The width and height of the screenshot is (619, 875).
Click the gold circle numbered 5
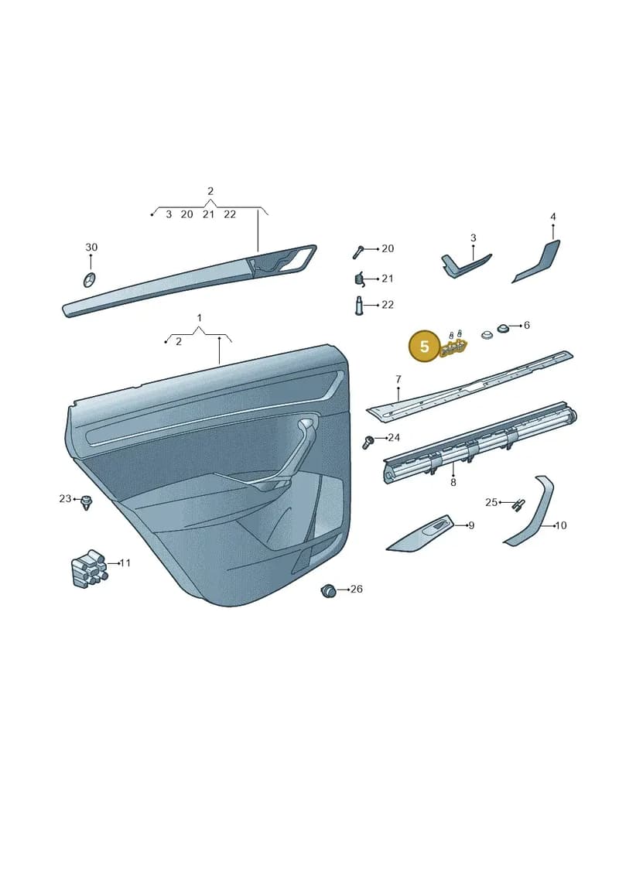click(424, 347)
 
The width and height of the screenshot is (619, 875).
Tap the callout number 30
click(91, 247)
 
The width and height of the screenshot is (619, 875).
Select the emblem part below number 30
click(89, 280)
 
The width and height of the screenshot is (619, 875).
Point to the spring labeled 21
click(360, 278)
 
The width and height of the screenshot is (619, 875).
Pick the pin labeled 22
click(360, 306)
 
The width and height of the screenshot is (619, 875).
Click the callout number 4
click(553, 217)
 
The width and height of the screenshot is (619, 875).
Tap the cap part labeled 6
click(503, 327)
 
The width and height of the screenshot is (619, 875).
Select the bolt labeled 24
click(368, 442)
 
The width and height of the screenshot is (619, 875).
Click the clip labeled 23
click(86, 501)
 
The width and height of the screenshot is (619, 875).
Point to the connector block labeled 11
click(88, 568)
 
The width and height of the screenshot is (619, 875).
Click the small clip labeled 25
click(518, 504)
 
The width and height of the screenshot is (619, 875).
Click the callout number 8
click(453, 482)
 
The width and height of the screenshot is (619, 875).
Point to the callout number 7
click(398, 379)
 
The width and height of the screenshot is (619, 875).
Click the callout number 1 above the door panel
click(200, 318)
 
